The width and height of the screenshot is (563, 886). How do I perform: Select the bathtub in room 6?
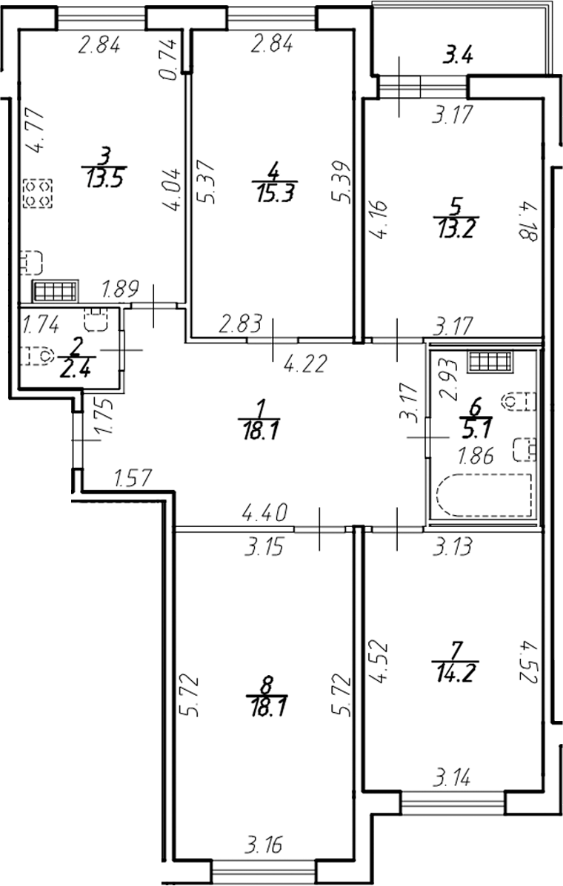tap(484, 496)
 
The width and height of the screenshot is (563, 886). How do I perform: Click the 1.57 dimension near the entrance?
tap(132, 479)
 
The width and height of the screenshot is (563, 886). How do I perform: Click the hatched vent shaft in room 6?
tap(490, 362)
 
